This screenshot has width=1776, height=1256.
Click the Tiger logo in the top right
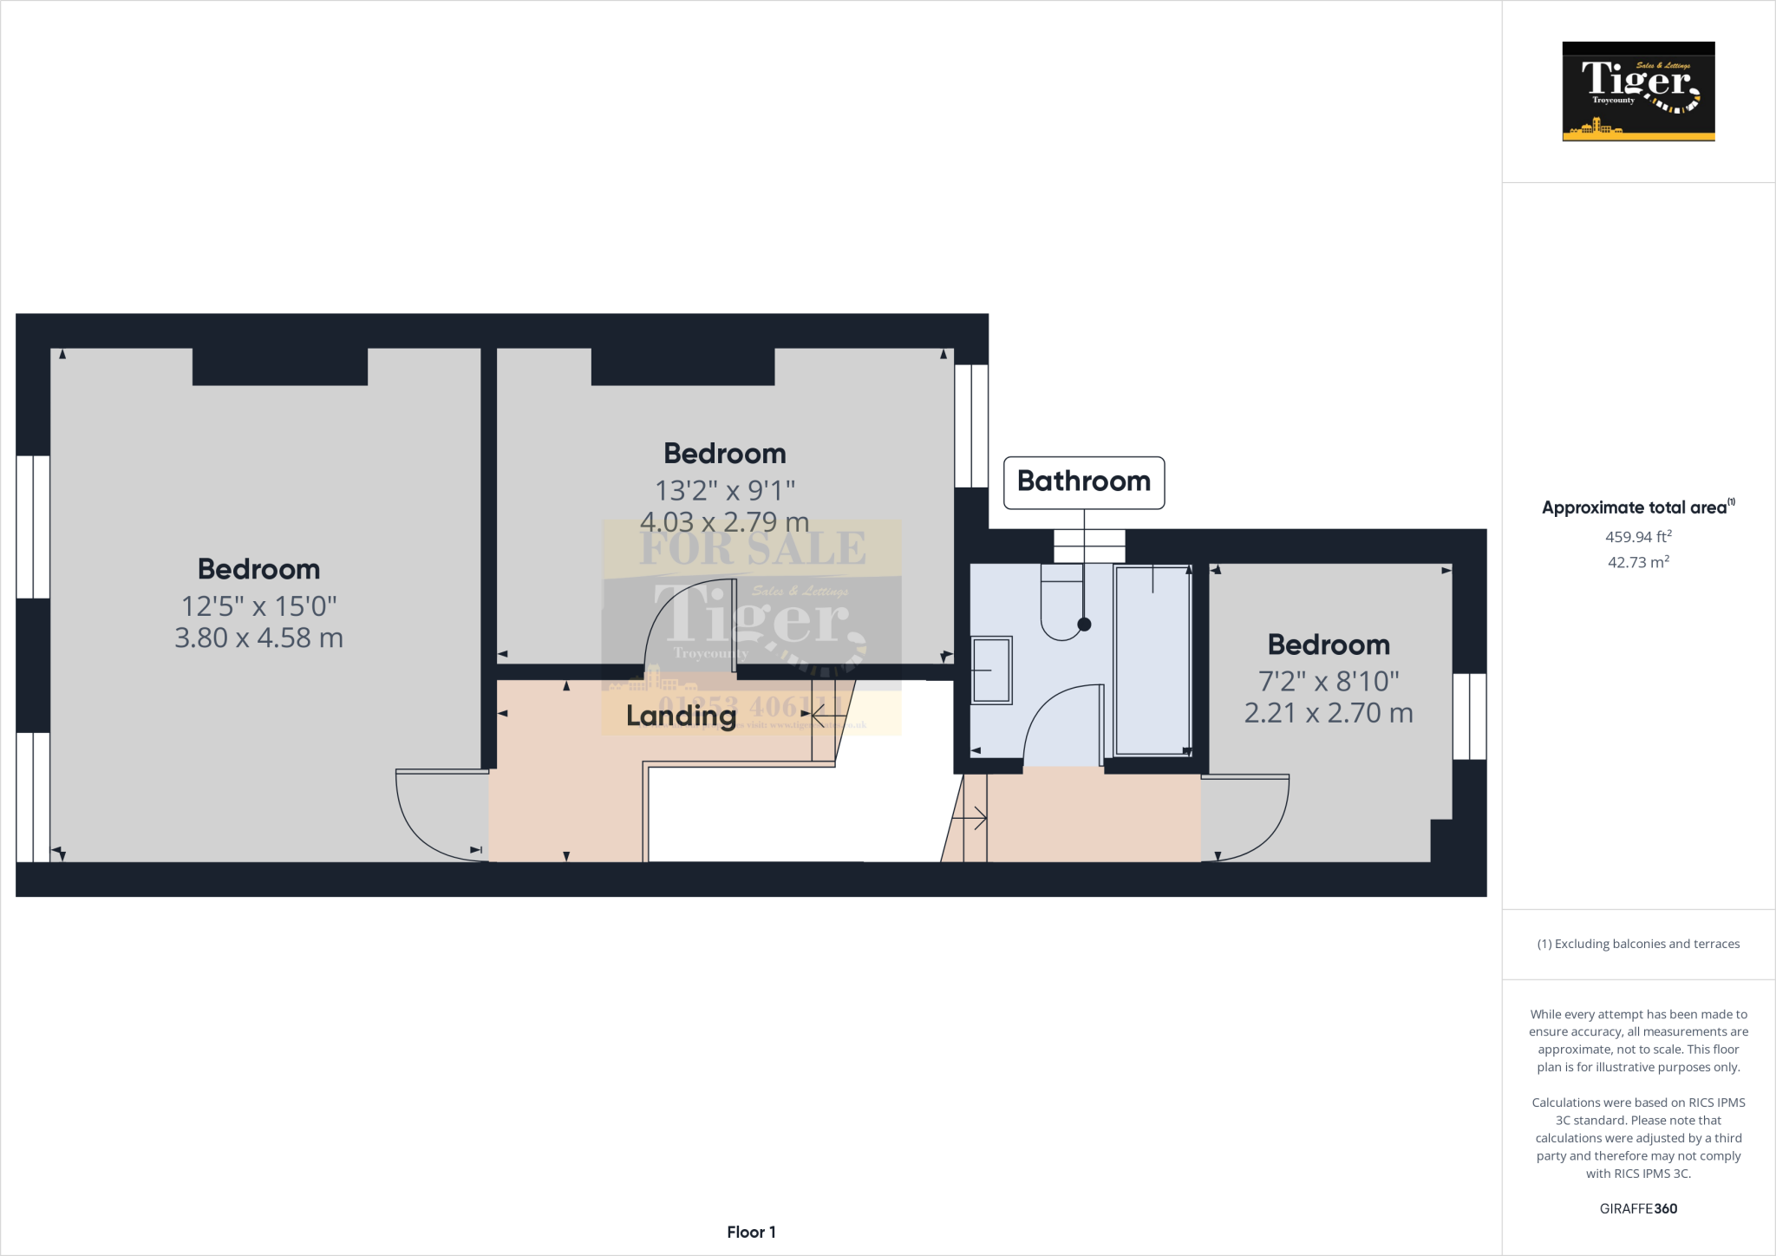pyautogui.click(x=1637, y=91)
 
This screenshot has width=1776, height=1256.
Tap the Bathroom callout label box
pyautogui.click(x=1083, y=482)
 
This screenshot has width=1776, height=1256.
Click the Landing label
pyautogui.click(x=681, y=716)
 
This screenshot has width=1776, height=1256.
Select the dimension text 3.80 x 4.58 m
pyautogui.click(x=258, y=638)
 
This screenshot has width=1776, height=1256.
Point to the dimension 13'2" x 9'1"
pyautogui.click(x=724, y=491)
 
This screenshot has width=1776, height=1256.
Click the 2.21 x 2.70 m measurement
pyautogui.click(x=1328, y=713)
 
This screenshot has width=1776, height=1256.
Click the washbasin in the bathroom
pyautogui.click(x=991, y=670)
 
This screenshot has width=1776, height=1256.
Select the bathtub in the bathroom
pyautogui.click(x=1152, y=659)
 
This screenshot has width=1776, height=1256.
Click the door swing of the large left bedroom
pyautogui.click(x=434, y=815)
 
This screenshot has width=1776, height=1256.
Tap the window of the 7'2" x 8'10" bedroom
pyautogui.click(x=1469, y=716)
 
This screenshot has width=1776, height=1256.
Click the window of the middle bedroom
pyautogui.click(x=971, y=425)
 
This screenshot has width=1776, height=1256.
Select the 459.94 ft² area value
pyautogui.click(x=1637, y=537)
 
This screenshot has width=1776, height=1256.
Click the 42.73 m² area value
pyautogui.click(x=1637, y=562)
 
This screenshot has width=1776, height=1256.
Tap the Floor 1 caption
pyautogui.click(x=751, y=1232)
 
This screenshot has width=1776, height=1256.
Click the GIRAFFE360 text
pyautogui.click(x=1637, y=1208)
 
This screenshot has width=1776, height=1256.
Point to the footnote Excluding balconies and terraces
pyautogui.click(x=1637, y=944)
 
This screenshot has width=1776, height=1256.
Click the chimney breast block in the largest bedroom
pyautogui.click(x=279, y=366)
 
